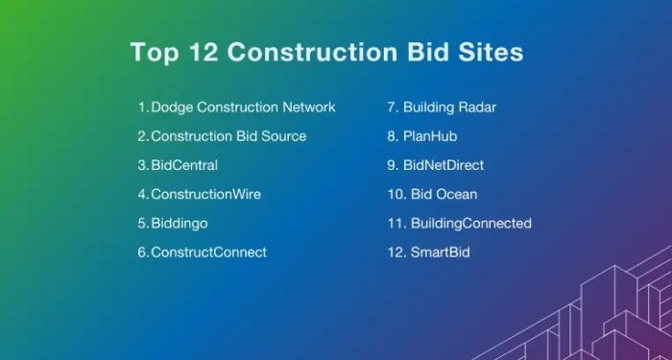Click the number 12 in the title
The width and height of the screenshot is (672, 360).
coord(195,51)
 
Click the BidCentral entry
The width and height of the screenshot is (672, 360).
coord(184,165)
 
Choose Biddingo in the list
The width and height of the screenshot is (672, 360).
coord(180,223)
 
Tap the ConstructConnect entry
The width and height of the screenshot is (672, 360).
coord(208,252)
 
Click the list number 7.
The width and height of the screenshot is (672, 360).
coord(392,108)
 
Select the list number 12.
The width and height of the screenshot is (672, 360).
coord(395,252)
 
